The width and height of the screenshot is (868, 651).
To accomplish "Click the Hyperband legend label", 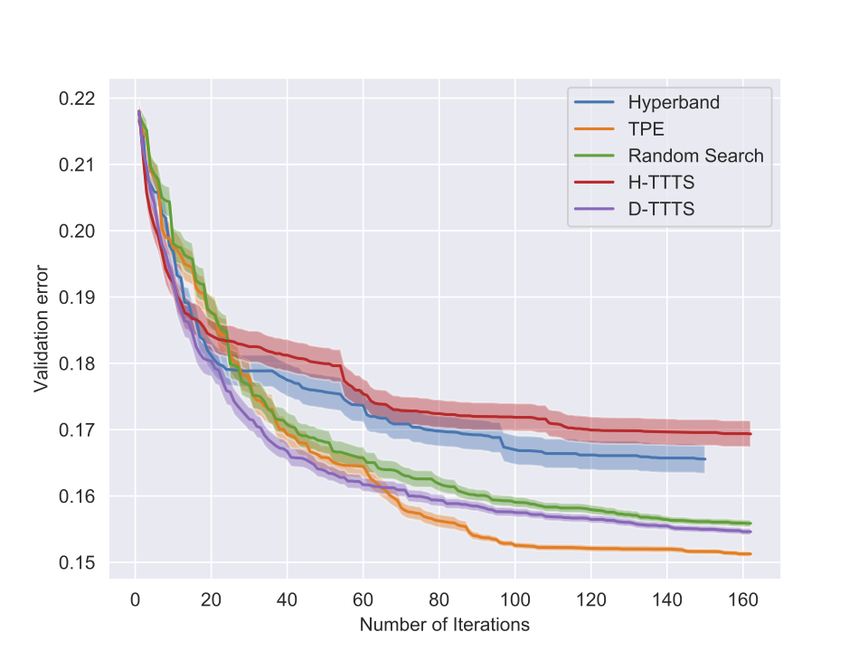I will point(674,102).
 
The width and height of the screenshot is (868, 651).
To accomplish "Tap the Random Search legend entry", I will point(695,156).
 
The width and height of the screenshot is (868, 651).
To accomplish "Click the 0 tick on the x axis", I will point(135,598).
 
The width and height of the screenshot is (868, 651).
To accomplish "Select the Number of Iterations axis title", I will point(444,625).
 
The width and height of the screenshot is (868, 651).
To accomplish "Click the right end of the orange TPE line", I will point(750,554).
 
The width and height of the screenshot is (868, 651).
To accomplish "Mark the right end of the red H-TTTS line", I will point(750,434).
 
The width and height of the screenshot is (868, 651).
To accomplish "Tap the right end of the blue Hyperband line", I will point(704,459).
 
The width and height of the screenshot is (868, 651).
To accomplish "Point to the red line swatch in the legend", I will point(593,183).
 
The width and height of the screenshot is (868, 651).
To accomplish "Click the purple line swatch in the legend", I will point(593,209).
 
